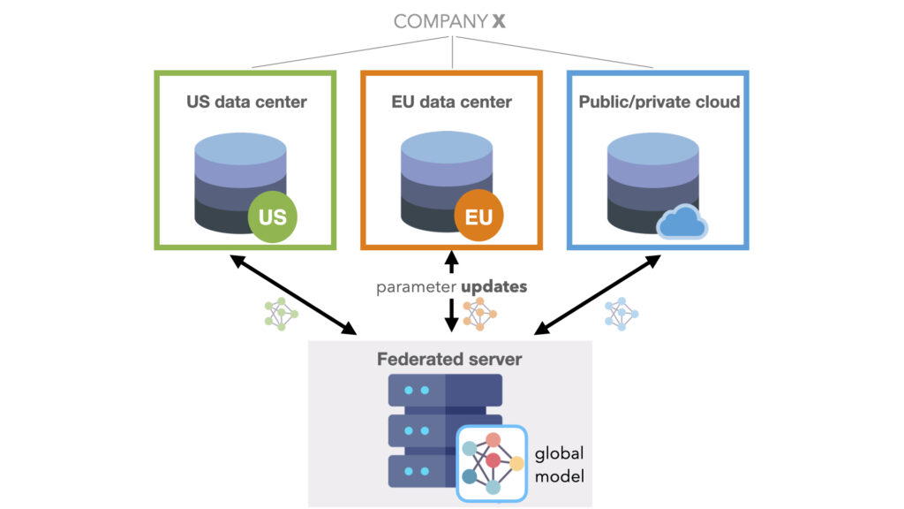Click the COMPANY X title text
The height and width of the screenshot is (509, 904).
pyautogui.click(x=450, y=21)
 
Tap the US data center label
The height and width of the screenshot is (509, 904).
pyautogui.click(x=246, y=102)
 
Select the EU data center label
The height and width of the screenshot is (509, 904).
pyautogui.click(x=451, y=102)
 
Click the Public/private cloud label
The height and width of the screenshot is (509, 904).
pyautogui.click(x=659, y=102)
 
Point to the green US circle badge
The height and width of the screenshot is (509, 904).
pyautogui.click(x=273, y=216)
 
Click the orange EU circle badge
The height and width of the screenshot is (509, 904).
pyautogui.click(x=478, y=216)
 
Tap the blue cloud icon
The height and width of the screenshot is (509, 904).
pyautogui.click(x=682, y=222)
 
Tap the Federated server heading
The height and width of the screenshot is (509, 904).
pyautogui.click(x=449, y=359)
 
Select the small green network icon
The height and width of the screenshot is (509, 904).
pyautogui.click(x=282, y=314)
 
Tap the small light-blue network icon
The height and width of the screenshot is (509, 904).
pyautogui.click(x=621, y=314)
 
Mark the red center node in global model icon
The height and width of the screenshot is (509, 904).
pyautogui.click(x=493, y=460)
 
